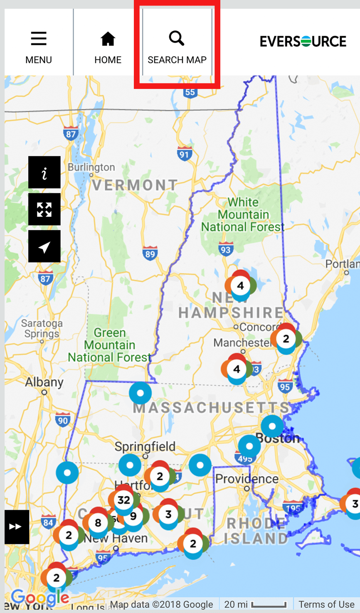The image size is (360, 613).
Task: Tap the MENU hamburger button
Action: coord(39,47)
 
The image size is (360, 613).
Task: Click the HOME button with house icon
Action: coord(108,47)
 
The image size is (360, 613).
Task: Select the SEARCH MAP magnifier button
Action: coord(177,47)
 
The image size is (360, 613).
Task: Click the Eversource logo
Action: coord(303,42)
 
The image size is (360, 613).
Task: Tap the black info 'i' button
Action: coord(44,172)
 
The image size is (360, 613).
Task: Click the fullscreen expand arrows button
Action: coord(44,209)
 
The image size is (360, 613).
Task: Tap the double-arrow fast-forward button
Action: coord(16,527)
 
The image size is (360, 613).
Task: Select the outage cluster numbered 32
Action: coord(124,500)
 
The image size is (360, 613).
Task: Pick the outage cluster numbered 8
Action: coord(98,522)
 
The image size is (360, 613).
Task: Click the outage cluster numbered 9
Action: coord(134,517)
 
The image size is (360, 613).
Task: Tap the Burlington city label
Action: coord(91,167)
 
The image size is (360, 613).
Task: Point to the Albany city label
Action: coord(44,382)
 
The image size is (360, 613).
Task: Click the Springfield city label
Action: coord(145,447)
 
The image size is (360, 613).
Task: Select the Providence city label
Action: coord(247,479)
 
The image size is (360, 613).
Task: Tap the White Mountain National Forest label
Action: coord(243,214)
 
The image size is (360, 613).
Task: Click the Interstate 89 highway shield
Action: coord(150,254)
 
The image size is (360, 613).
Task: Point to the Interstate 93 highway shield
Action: coord(226,249)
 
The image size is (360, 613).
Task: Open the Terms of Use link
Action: coord(326,604)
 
